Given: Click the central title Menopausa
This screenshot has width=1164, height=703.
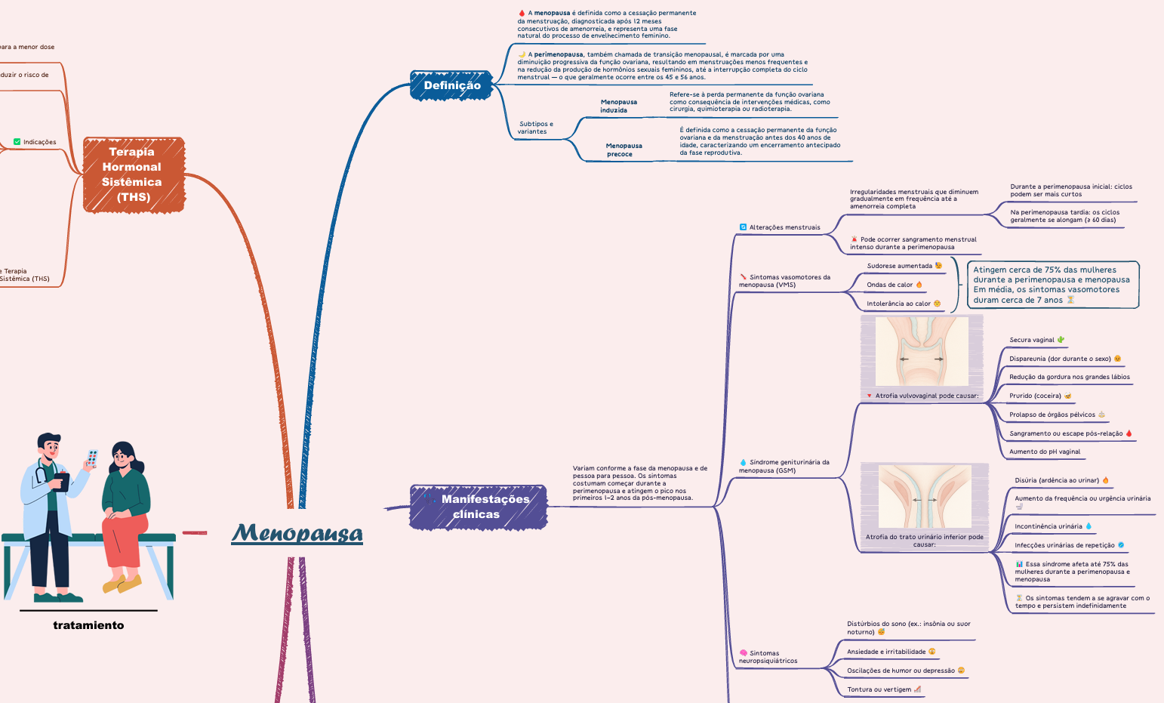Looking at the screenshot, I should (297, 533).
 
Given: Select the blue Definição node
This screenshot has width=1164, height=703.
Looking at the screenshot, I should (451, 85).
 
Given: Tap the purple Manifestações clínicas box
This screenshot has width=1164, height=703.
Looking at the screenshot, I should (479, 507).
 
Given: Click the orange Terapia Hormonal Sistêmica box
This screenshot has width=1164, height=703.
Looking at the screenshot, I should (134, 174).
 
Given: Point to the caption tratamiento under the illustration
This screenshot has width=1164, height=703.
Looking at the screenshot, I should (88, 625).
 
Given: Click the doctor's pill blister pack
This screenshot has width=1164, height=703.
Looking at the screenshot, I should (92, 458).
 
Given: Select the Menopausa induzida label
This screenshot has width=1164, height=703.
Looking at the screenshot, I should (618, 106).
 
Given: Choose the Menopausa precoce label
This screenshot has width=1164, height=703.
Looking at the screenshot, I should (624, 150).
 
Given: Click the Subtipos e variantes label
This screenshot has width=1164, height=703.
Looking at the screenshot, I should (535, 128).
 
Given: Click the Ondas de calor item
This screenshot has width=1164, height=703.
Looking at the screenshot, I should (890, 285).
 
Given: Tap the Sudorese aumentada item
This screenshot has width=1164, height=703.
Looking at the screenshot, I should (900, 266).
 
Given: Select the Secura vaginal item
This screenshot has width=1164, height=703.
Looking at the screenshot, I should (1032, 340).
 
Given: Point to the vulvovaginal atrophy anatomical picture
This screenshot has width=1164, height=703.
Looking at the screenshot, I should (921, 351).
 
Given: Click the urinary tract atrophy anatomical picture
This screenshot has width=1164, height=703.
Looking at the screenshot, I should (924, 496).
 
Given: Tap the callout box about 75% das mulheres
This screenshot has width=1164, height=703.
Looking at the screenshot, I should (1052, 285).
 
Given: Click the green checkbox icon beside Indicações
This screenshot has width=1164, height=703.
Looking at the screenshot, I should (17, 142).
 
